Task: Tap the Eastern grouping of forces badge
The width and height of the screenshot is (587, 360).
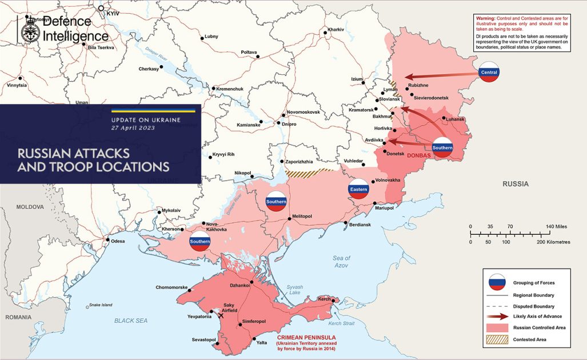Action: pos(358,189)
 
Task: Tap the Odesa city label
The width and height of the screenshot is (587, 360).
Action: pos(118,241)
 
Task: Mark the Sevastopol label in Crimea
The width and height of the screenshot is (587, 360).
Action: pos(203,340)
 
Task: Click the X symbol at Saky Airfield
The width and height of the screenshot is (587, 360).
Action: pos(221,315)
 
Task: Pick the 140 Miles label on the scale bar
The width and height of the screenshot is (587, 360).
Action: pos(557,227)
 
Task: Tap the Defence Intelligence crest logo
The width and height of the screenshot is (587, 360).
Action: pos(27,29)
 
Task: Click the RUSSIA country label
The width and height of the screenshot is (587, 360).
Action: pos(516,184)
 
